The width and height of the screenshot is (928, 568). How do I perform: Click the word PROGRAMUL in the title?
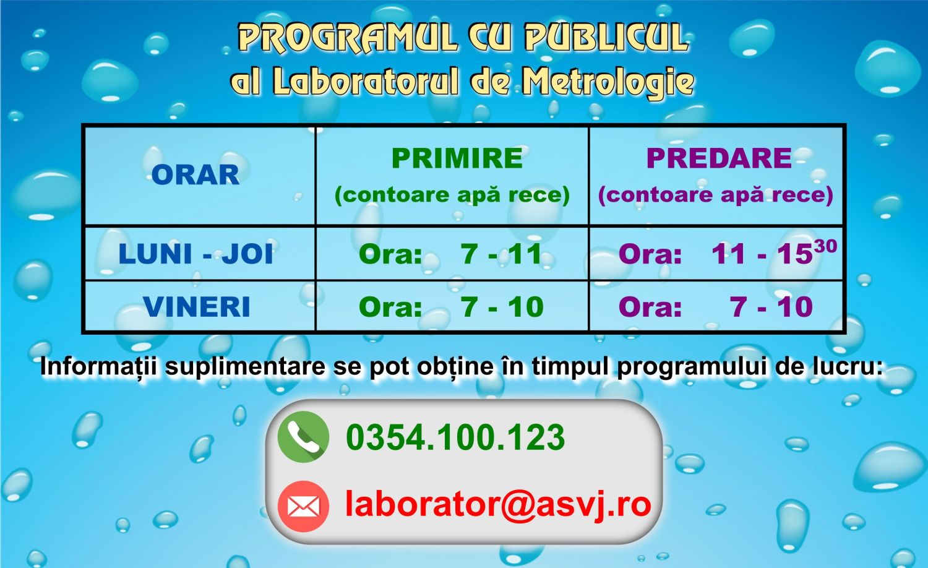pyautogui.click(x=348, y=38)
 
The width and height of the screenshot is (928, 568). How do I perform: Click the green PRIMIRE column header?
pyautogui.click(x=457, y=158)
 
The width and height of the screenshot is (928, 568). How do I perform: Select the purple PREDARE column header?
pyautogui.click(x=719, y=158)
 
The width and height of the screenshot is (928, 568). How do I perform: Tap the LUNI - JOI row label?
pyautogui.click(x=195, y=254)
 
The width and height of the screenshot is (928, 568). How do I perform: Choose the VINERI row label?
pyautogui.click(x=197, y=307)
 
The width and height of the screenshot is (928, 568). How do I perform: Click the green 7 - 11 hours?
pyautogui.click(x=501, y=254)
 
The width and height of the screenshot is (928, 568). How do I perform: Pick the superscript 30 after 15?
pyautogui.click(x=825, y=246)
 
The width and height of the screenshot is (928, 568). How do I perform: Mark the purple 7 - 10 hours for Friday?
pyautogui.click(x=771, y=307)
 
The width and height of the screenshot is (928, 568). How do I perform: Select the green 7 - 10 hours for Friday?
pyautogui.click(x=502, y=307)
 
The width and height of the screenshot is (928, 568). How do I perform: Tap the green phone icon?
pyautogui.click(x=303, y=437)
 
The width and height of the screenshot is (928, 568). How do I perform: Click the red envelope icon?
pyautogui.click(x=303, y=506)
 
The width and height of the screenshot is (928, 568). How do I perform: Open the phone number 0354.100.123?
pyautogui.click(x=455, y=437)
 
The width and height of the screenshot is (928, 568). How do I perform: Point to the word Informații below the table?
pyautogui.click(x=98, y=367)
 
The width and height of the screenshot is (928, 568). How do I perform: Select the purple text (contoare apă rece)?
pyautogui.click(x=715, y=195)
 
